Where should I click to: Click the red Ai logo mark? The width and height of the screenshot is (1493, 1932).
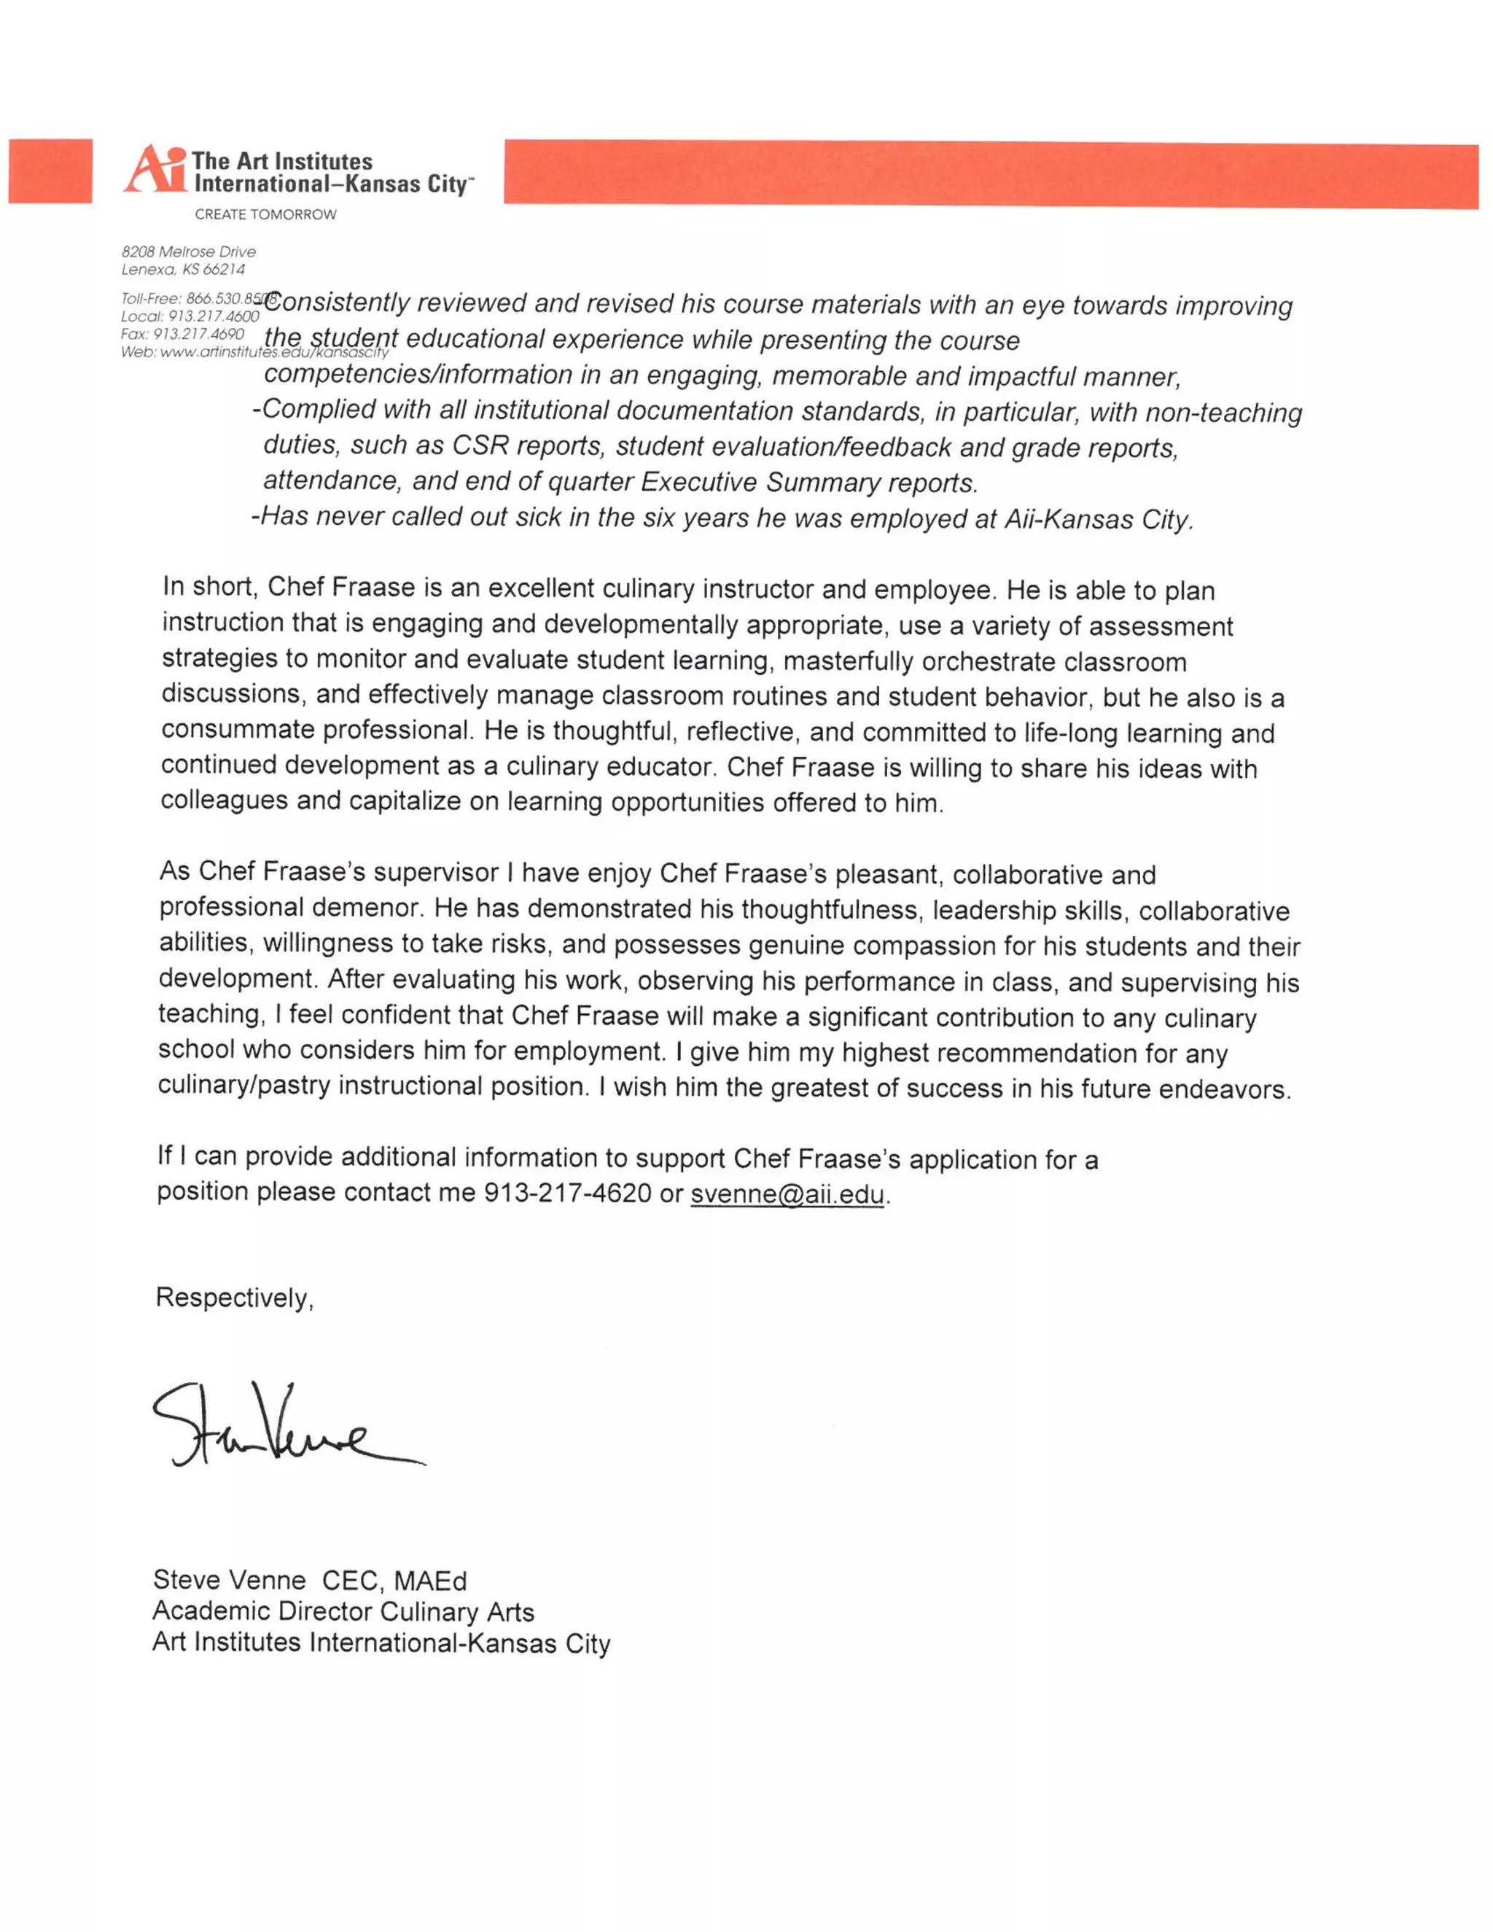pos(155,169)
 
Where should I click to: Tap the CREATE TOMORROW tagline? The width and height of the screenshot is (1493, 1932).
pos(265,214)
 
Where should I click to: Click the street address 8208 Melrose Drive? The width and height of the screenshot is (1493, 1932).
pos(188,252)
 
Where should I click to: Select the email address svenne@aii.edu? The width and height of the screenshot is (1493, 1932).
pos(787,1194)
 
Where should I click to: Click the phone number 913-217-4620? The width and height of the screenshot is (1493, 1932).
pos(567,1193)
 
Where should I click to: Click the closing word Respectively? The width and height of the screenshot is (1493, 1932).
pos(235,1298)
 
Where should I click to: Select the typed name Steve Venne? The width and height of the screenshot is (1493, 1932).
pos(229,1580)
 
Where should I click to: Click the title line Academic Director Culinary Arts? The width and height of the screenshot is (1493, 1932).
pos(343,1612)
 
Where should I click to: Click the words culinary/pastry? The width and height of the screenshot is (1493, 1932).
pos(244,1086)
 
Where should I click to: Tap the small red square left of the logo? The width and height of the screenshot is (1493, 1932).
pos(50,171)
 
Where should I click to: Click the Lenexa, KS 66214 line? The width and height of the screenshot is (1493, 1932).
pos(183,269)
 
